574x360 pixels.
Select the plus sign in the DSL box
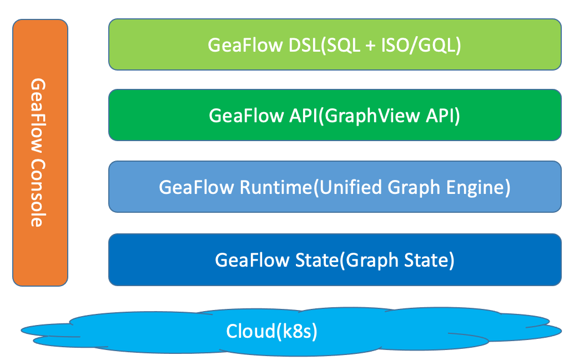pyautogui.click(x=371, y=44)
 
